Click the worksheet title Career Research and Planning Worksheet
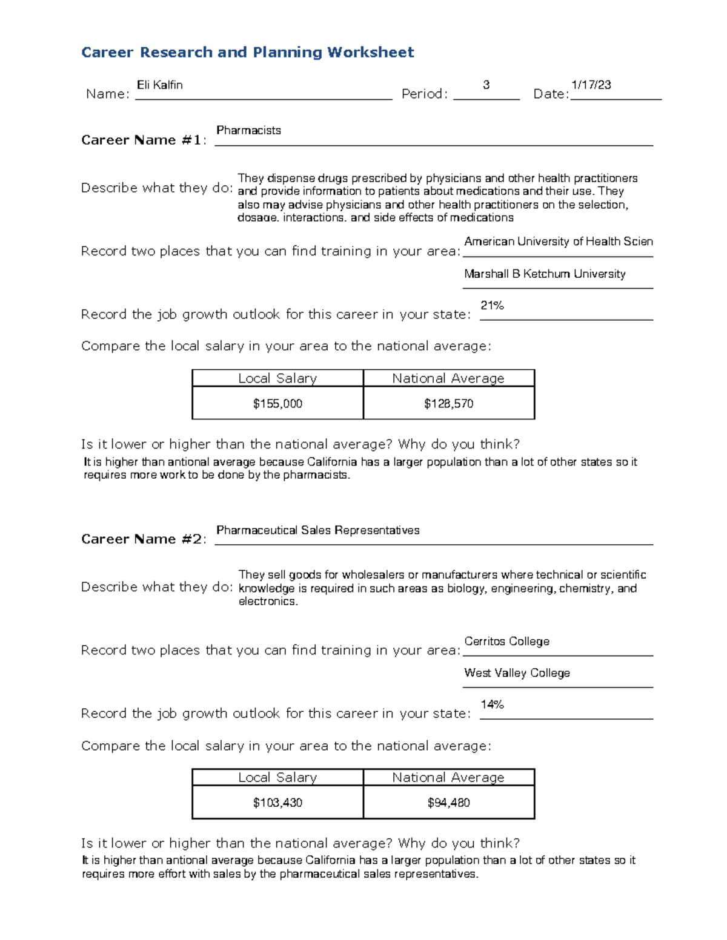tap(247, 52)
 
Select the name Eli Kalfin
tap(160, 85)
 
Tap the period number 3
tap(486, 85)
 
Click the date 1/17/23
tap(591, 85)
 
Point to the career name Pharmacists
tap(248, 130)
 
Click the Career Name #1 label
tap(143, 140)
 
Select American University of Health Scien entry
tap(558, 242)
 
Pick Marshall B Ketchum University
tap(545, 274)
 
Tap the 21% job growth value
tap(492, 306)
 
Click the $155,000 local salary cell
tap(277, 403)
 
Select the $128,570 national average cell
tap(448, 403)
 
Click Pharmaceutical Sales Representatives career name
tap(317, 530)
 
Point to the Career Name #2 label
tap(143, 539)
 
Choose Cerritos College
tap(506, 641)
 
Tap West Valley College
tap(517, 672)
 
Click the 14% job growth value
tap(492, 705)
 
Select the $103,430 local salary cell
tap(277, 803)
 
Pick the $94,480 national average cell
tap(448, 803)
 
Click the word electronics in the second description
tap(267, 602)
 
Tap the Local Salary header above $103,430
tap(277, 777)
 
